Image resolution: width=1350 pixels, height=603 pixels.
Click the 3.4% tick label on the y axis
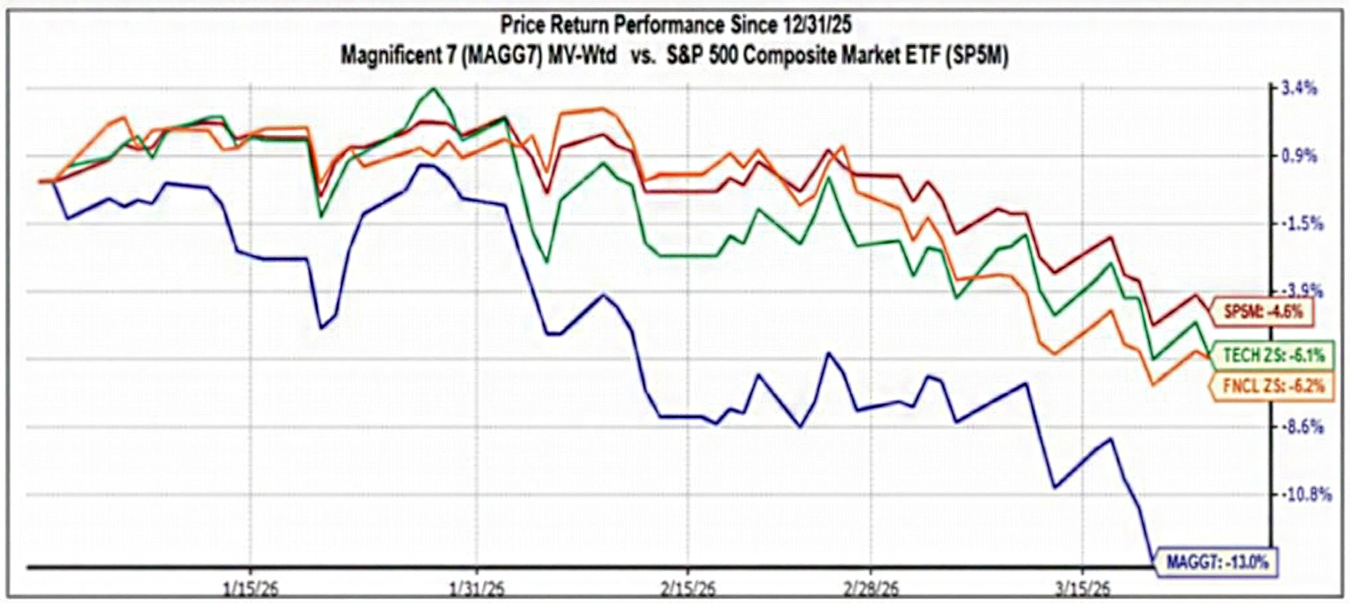point(1300,87)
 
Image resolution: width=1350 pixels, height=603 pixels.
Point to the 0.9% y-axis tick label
point(1300,156)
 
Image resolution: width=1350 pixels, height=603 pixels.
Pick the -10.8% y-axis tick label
point(1306,494)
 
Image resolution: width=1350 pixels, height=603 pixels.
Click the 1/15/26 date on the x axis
point(250,588)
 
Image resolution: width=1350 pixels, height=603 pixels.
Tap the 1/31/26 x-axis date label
point(477,588)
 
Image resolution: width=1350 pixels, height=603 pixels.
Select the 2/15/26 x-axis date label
point(688,588)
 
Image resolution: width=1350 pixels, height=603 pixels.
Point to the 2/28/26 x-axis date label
point(871,588)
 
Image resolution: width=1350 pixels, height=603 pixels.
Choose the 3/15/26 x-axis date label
point(1083,588)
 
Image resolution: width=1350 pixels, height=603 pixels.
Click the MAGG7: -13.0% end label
point(1217,563)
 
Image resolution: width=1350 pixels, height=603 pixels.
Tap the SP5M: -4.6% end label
point(1262,311)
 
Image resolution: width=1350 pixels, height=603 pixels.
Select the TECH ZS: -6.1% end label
point(1273,355)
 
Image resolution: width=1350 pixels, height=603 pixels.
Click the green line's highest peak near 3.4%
point(434,88)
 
